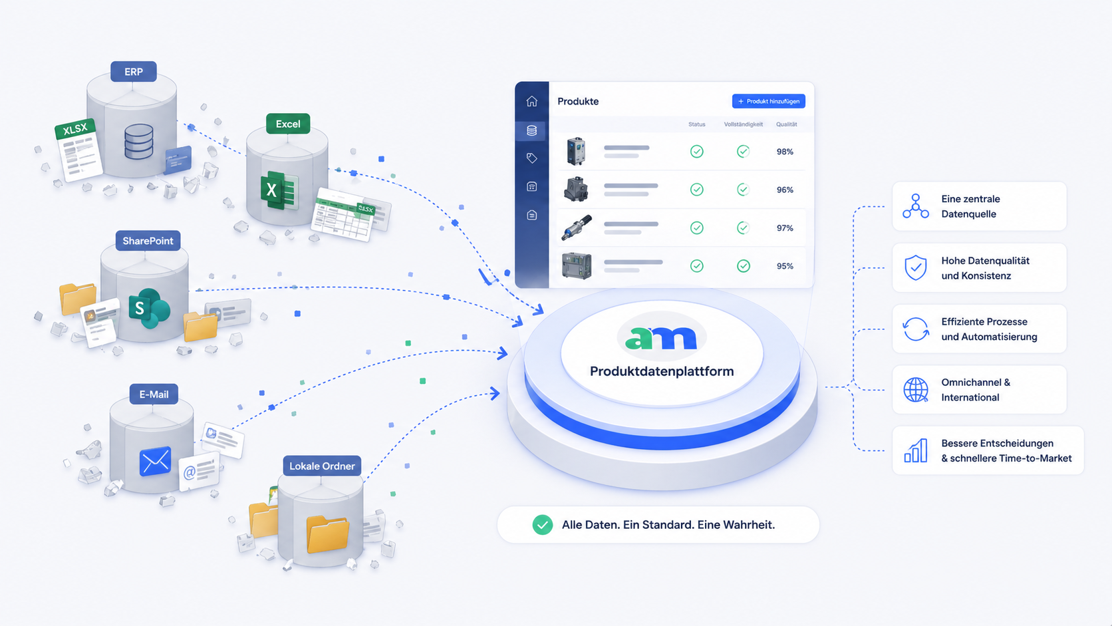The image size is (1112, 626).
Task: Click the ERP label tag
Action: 134,72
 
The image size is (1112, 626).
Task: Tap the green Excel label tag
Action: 288,124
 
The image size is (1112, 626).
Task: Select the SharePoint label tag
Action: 148,241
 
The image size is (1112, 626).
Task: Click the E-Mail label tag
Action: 154,394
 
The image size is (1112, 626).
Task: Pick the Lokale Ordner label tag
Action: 322,466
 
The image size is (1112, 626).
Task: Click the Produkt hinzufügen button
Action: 768,101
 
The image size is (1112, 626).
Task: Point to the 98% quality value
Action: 785,152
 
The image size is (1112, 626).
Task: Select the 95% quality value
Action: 785,266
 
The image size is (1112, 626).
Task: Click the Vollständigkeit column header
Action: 743,124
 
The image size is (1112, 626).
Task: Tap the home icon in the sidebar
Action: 531,101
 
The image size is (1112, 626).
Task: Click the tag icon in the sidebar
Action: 531,158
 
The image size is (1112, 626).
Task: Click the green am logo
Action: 661,338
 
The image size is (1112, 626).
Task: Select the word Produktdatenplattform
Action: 662,371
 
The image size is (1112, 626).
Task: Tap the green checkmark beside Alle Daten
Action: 543,525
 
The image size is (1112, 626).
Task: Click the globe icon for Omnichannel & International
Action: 916,390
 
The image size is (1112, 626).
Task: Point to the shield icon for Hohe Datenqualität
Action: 916,268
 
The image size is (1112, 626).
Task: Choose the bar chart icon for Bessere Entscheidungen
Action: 916,451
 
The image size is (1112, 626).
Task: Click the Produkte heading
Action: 578,101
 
